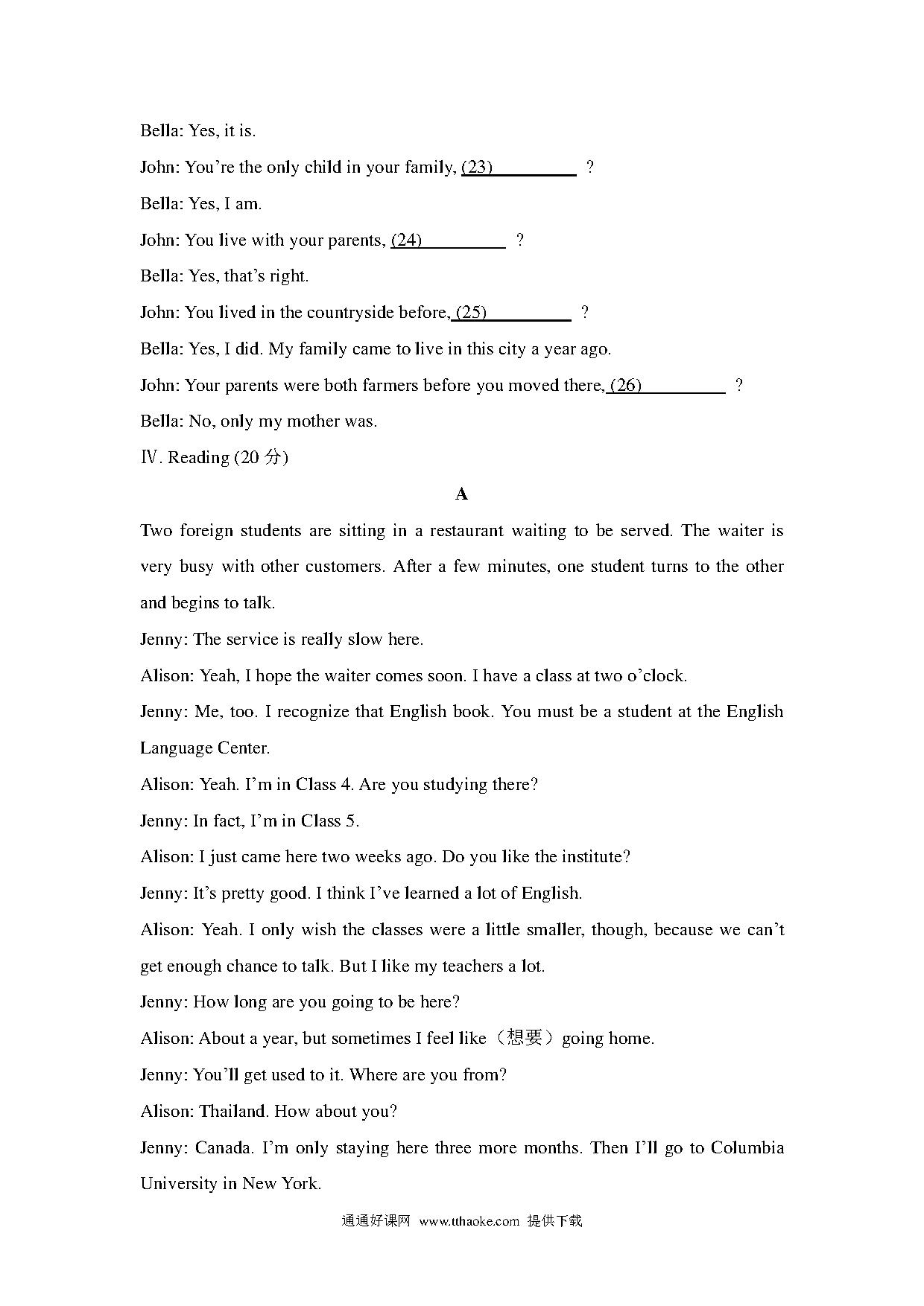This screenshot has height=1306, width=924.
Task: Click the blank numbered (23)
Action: coord(519,168)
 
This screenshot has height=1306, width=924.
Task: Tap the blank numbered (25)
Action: coord(513,313)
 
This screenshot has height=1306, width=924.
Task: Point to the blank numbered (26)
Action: coord(666,386)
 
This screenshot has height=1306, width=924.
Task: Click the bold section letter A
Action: coord(462,494)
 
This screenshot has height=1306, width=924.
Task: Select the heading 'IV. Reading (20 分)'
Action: coord(215,457)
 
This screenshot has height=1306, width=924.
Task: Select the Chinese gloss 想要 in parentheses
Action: coord(524,1039)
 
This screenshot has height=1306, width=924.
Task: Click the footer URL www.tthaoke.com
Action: coord(469,1221)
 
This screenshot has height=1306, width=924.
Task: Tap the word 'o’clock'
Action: coord(655,676)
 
